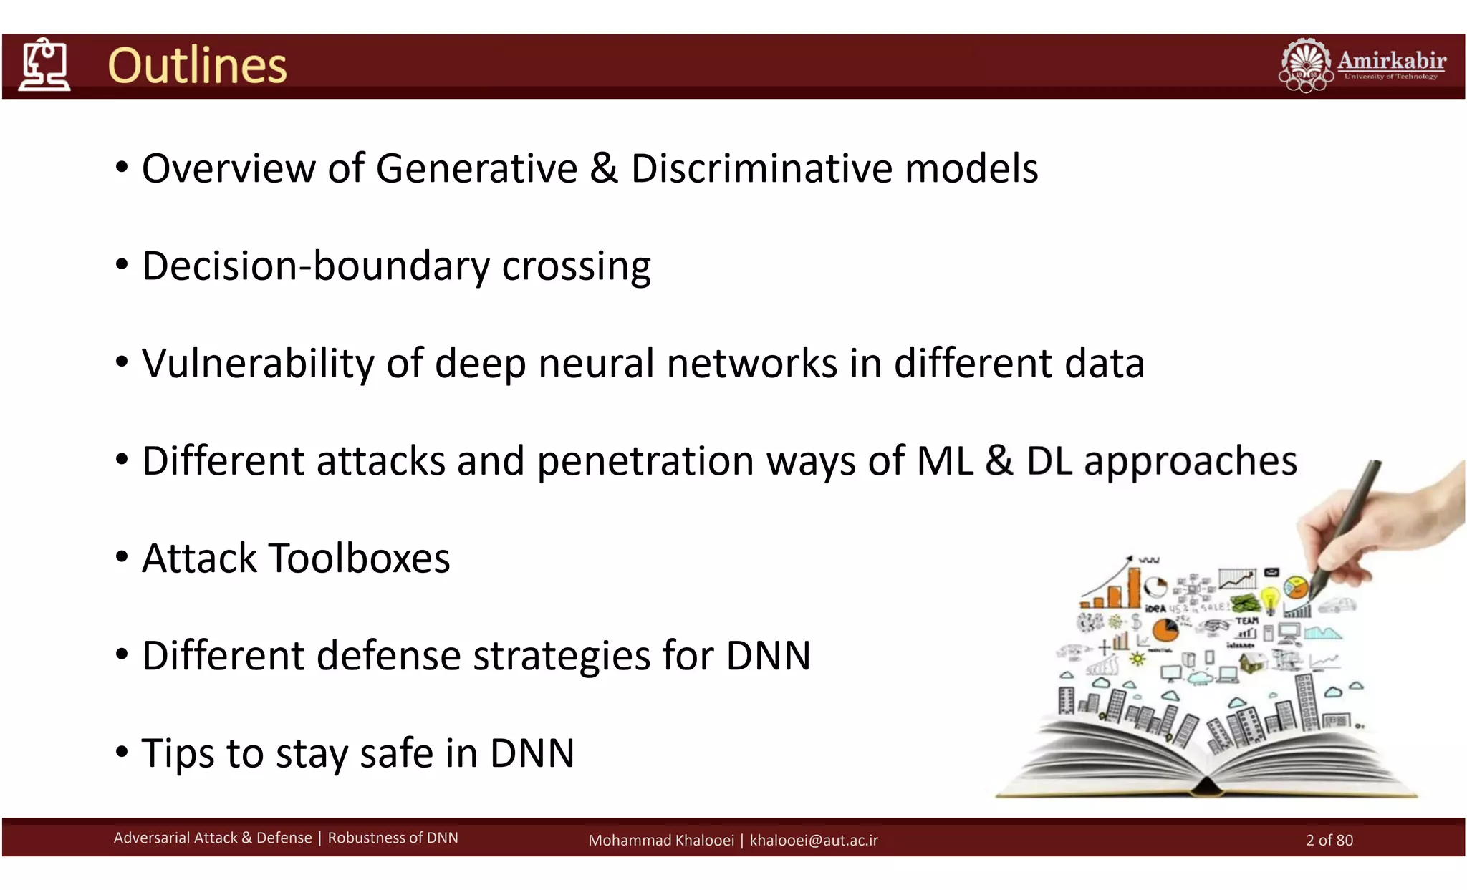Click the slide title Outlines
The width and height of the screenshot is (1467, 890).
[197, 66]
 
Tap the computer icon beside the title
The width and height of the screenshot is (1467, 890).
[44, 65]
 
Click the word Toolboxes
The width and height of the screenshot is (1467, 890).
[359, 558]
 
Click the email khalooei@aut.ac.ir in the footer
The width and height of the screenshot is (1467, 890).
[814, 840]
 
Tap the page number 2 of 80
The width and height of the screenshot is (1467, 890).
[1329, 840]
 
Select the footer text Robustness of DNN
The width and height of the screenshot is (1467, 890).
[393, 838]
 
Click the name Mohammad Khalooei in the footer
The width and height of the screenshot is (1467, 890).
[660, 840]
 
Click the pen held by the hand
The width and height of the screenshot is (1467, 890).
[1347, 523]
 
